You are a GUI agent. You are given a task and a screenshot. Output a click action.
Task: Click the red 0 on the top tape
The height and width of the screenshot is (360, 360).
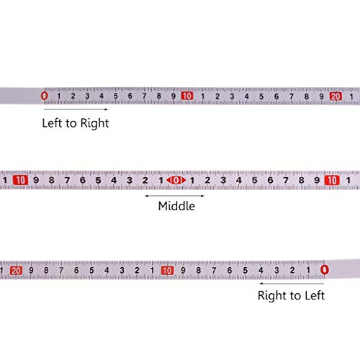pos(44,96)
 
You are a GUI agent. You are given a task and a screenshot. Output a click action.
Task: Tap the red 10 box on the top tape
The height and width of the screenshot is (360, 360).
pos(187,96)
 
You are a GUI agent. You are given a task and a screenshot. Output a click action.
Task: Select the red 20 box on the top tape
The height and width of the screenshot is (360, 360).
pos(336,96)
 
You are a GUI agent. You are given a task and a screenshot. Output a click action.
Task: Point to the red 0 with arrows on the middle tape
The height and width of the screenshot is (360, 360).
pos(176,180)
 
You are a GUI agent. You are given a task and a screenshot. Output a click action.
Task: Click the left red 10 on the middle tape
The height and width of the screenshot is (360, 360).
pos(20,180)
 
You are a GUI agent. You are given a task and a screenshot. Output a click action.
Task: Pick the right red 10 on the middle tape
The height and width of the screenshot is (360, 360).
pos(332,180)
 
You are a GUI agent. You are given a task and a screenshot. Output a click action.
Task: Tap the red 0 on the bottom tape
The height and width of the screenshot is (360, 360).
pos(324,270)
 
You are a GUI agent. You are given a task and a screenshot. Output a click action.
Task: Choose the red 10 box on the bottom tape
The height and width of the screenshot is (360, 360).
pos(167,271)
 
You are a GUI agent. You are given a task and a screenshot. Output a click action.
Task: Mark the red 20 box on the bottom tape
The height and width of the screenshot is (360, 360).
pos(16,271)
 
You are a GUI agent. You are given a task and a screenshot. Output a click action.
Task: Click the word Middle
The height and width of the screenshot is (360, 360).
pos(176,206)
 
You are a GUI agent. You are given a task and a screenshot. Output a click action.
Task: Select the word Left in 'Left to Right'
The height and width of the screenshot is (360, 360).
pos(52,123)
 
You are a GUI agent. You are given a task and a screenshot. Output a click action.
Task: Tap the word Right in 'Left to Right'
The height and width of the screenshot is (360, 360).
pos(94,123)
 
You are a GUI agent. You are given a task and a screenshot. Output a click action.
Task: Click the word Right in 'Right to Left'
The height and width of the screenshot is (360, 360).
pos(272,295)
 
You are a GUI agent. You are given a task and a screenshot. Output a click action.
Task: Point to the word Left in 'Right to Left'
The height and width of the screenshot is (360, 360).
pos(315,295)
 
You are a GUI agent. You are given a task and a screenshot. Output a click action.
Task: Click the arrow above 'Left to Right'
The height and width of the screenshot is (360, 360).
pos(76,109)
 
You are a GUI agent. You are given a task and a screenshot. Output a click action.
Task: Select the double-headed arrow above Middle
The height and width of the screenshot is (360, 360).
pos(175,196)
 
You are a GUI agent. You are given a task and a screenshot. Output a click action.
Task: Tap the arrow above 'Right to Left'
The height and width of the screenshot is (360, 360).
pos(292,284)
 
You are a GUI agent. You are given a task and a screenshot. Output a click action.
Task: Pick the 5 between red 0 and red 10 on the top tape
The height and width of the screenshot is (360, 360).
pos(116,96)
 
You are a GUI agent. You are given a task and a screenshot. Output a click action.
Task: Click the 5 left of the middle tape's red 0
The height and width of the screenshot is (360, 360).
pos(98,180)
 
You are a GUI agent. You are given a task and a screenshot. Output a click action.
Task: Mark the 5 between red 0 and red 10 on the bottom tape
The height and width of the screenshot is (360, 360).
pos(245,271)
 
